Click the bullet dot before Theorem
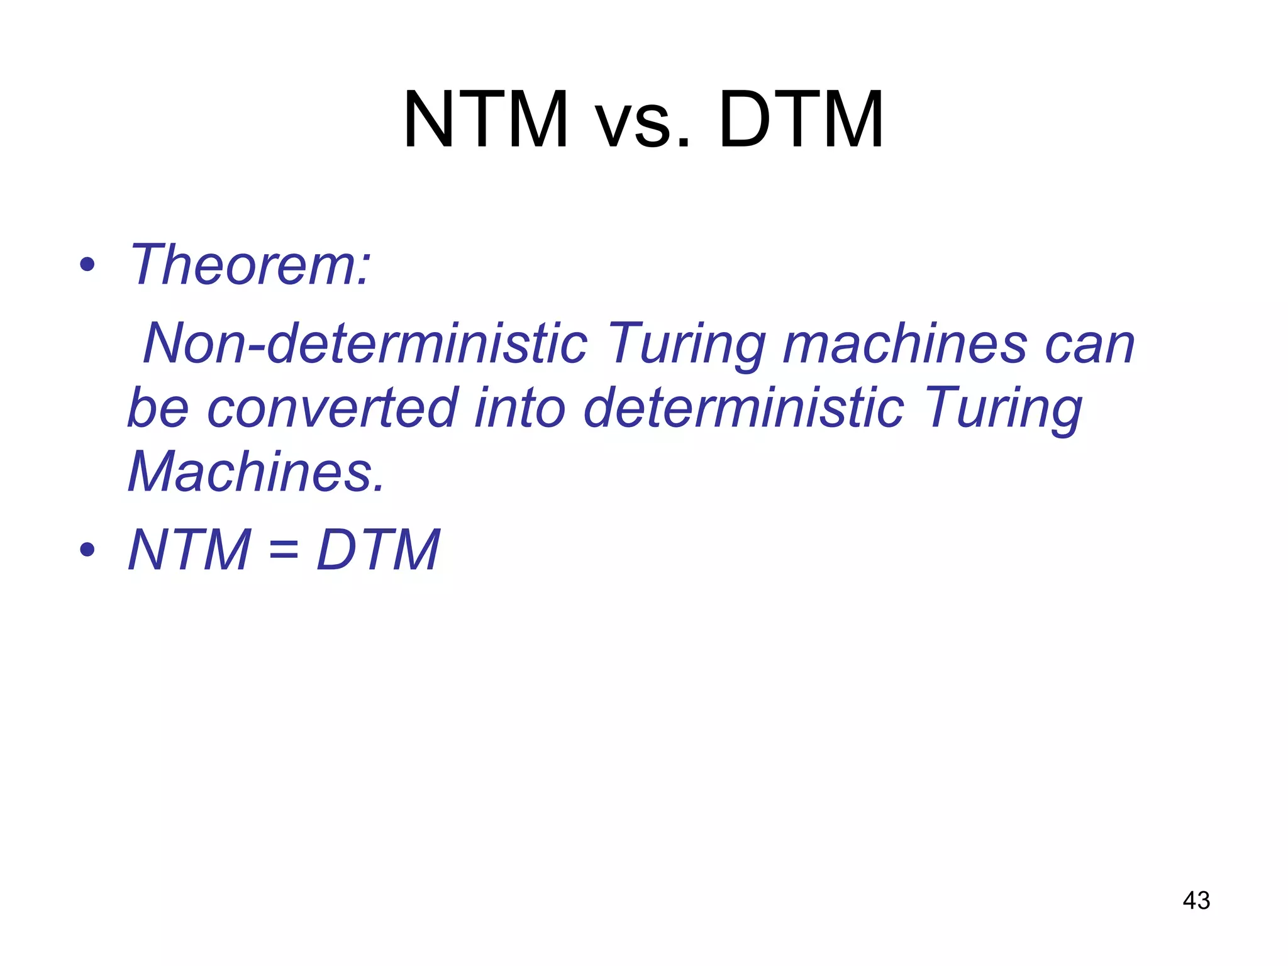(x=87, y=265)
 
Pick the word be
(x=158, y=408)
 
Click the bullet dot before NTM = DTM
(x=87, y=550)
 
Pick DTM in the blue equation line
(x=378, y=550)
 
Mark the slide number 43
(x=1196, y=901)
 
